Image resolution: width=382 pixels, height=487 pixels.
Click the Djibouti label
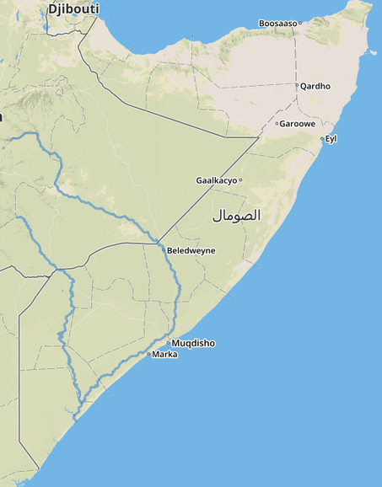coord(73,8)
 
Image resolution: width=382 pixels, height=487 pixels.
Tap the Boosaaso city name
coord(277,24)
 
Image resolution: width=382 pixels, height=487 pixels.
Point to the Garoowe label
coord(297,123)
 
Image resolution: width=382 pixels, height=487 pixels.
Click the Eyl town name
coord(331,138)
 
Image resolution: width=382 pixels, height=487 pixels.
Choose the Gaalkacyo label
coord(216,180)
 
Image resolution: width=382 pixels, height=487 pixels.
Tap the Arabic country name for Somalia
coord(236,216)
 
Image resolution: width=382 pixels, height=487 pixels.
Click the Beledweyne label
coord(191,250)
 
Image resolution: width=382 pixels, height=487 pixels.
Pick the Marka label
coord(164,355)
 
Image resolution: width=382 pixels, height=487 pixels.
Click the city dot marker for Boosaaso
coord(299,24)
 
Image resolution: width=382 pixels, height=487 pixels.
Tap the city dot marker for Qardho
coord(298,86)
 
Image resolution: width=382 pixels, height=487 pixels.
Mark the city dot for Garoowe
coord(276,123)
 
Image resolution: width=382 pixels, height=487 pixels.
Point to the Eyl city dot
coord(321,138)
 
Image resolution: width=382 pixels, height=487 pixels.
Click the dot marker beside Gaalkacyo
coord(240,180)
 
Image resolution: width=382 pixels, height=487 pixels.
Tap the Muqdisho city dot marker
coord(169,343)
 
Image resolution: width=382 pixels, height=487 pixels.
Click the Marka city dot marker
coord(148,355)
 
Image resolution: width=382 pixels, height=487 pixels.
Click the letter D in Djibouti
coord(52,8)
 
